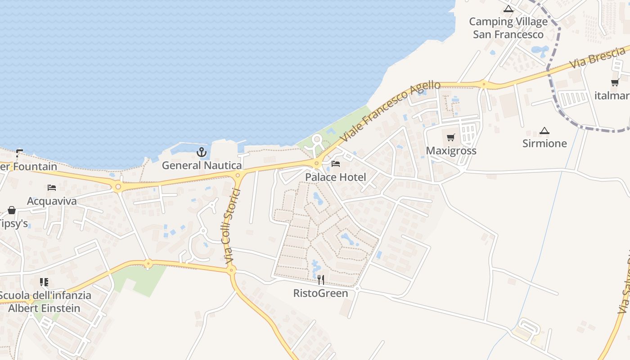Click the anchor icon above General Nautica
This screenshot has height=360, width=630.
[202, 152]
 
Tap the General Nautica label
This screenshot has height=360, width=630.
[202, 166]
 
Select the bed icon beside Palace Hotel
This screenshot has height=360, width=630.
[336, 164]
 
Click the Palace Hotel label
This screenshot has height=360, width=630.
[336, 177]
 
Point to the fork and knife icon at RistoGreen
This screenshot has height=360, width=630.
[321, 280]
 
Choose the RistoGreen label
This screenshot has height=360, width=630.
[321, 293]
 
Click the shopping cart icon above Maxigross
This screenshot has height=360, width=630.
[451, 137]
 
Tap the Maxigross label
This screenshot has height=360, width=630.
[451, 151]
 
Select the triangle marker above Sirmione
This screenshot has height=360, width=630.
[544, 131]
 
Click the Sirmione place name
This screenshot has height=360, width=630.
[544, 144]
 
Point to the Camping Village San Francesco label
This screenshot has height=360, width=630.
[508, 28]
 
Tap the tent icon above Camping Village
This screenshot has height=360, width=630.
[508, 9]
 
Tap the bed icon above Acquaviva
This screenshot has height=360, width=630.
[52, 188]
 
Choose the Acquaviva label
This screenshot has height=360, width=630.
[52, 201]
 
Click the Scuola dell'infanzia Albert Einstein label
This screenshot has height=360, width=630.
[45, 302]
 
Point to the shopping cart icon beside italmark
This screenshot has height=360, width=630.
[615, 82]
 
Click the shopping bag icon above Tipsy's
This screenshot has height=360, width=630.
[12, 210]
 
